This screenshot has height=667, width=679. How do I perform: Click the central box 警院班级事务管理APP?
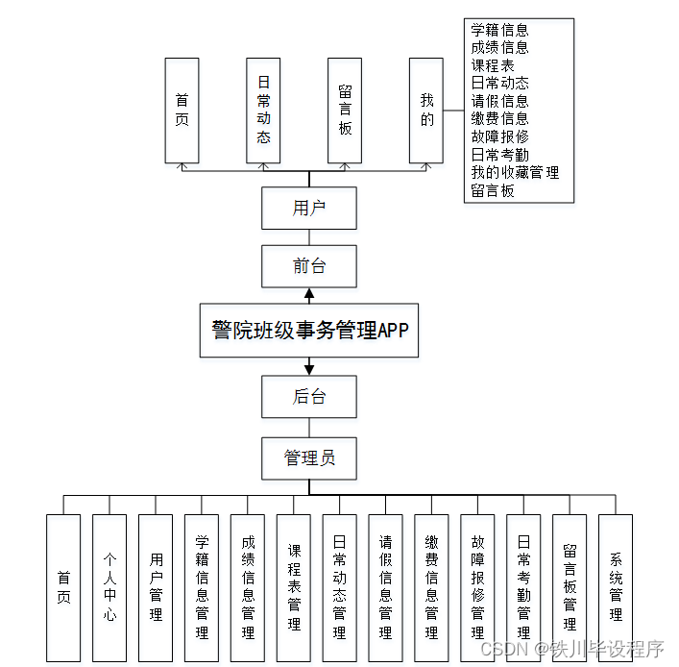click(x=309, y=331)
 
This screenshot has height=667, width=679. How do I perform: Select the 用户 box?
click(x=309, y=208)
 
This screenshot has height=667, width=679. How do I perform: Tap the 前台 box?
click(x=309, y=266)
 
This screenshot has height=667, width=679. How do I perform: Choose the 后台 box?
click(x=309, y=397)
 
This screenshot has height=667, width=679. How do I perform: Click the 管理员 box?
click(x=309, y=457)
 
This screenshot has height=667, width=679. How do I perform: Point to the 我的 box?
click(x=426, y=110)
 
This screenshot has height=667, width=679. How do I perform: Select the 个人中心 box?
click(x=109, y=587)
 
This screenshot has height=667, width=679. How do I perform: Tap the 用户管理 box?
click(x=156, y=587)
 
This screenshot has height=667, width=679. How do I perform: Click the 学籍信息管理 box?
click(x=202, y=587)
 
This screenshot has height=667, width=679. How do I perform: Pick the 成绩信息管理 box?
click(x=248, y=587)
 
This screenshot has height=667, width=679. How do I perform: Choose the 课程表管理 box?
click(x=294, y=587)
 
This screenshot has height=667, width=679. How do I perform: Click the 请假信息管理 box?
click(x=385, y=587)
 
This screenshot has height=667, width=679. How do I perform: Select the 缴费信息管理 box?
click(x=431, y=587)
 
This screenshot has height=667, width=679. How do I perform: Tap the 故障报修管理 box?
click(x=477, y=587)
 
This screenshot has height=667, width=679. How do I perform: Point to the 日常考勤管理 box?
click(x=523, y=587)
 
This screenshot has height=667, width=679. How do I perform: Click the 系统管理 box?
click(x=616, y=587)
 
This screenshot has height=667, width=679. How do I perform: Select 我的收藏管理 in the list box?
click(x=515, y=173)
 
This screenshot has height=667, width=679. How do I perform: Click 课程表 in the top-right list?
click(x=493, y=65)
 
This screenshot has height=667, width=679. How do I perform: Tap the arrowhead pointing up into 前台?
click(x=309, y=293)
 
